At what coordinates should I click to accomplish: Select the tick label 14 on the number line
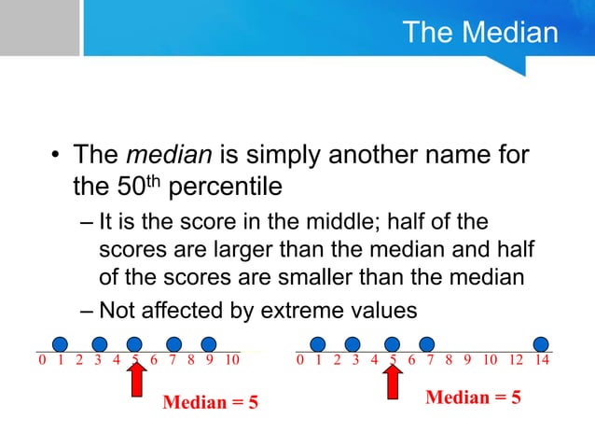point(543,359)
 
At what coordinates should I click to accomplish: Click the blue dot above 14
point(540,343)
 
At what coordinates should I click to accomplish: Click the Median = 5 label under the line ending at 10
point(211,403)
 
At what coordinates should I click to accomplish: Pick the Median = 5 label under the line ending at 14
point(473,397)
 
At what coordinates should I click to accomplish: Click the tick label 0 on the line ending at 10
point(42,359)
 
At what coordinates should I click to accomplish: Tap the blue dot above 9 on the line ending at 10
point(209,343)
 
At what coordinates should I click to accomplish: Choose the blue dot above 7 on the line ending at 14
point(427,343)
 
